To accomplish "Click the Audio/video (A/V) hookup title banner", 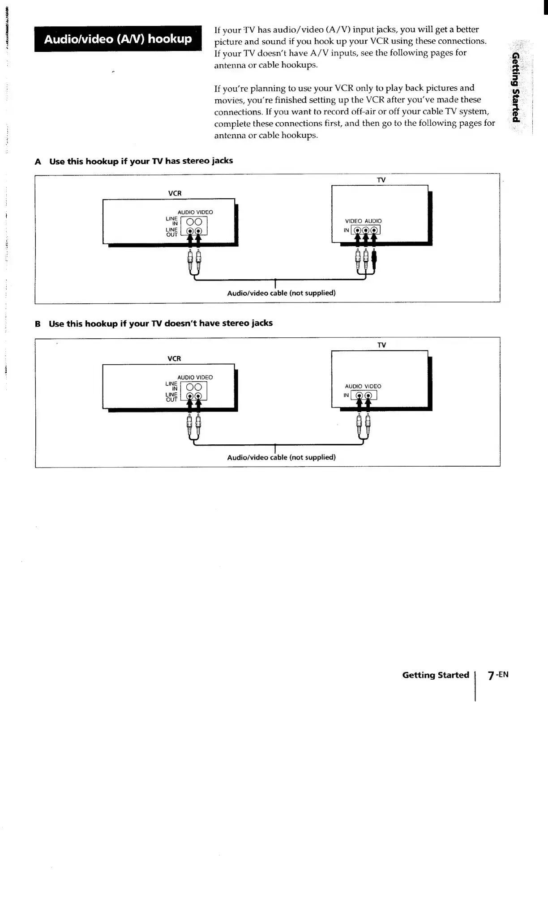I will click(x=118, y=39).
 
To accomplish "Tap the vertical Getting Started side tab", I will click(x=516, y=87).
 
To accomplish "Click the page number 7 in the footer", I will click(x=491, y=676).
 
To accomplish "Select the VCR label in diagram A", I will click(x=175, y=193).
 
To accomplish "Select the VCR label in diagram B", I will click(x=174, y=359).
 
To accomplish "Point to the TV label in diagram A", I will click(x=381, y=180).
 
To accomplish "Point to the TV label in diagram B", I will click(x=381, y=345).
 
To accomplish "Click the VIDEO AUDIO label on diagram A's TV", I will click(x=363, y=221).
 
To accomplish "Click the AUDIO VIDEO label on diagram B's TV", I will click(x=363, y=386).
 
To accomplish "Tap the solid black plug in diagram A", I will click(x=374, y=261).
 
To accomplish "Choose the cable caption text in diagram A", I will click(x=281, y=293).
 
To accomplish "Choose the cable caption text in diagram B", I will click(x=281, y=457).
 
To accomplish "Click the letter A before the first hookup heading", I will click(x=38, y=162).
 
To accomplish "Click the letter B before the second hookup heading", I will click(x=38, y=324).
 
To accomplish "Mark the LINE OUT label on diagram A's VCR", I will click(x=172, y=232).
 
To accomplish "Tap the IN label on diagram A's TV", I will click(x=346, y=230).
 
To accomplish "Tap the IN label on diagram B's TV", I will click(x=346, y=396).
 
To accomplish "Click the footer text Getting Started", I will click(x=435, y=675).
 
